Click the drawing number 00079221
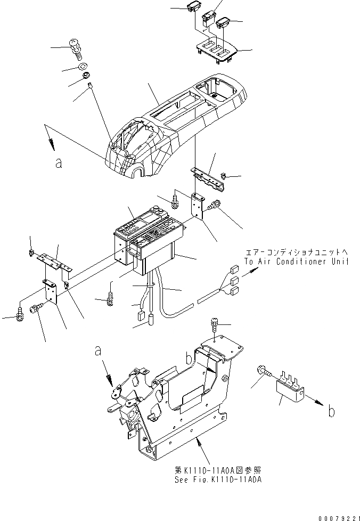[338, 516]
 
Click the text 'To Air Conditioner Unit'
[297, 262]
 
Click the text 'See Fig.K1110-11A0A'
[219, 479]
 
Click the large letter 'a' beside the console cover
[59, 164]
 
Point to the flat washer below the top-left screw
[83, 68]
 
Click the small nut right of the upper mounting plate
[225, 175]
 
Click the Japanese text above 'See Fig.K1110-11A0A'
[219, 470]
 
